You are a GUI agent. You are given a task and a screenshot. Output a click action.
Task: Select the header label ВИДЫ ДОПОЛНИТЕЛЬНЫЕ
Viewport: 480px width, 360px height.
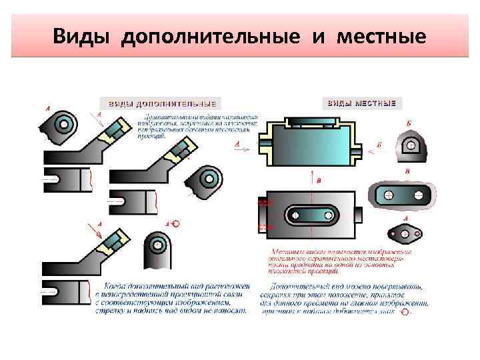coord(158,104)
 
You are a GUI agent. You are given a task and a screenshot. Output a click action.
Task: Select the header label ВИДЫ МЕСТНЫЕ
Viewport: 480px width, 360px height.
coord(361,104)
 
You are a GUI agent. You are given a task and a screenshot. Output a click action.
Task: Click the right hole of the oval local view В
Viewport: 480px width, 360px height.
coord(418,195)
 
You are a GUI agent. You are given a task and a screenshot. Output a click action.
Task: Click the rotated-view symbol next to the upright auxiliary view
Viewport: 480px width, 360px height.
coord(175,224)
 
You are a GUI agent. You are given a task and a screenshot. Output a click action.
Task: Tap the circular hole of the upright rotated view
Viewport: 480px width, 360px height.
coord(158,244)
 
